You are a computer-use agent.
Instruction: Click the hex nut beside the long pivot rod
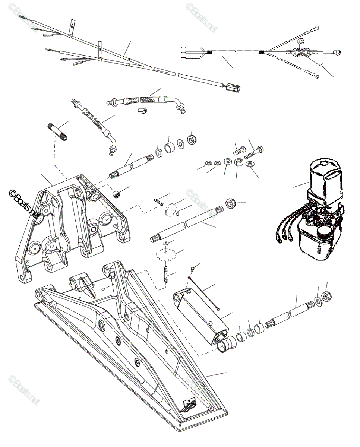click(230, 203)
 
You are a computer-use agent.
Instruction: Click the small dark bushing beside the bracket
click(117, 194)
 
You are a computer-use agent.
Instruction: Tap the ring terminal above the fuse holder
click(301, 42)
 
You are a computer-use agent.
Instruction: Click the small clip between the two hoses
click(142, 111)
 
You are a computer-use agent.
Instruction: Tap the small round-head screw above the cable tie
click(192, 268)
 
